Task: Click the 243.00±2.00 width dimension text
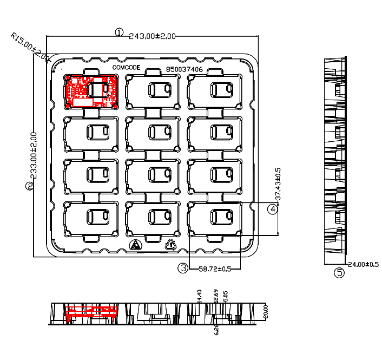(x=153, y=36)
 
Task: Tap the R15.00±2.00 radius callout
(x=29, y=47)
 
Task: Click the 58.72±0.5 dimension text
(x=215, y=268)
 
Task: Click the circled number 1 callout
(x=119, y=32)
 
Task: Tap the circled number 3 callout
(x=184, y=267)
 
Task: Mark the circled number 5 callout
(x=339, y=272)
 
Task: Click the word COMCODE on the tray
(x=126, y=67)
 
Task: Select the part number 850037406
(x=185, y=69)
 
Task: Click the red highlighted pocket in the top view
(x=91, y=91)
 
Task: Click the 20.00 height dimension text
(x=266, y=311)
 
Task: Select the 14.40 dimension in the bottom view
(x=200, y=296)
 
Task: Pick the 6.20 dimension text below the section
(x=216, y=329)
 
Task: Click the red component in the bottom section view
(x=91, y=312)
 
